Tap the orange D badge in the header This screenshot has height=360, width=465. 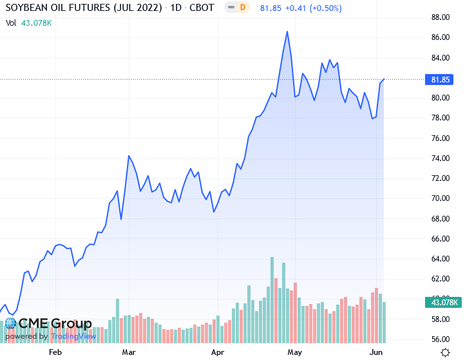point(243,8)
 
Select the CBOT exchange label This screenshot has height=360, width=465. point(201,8)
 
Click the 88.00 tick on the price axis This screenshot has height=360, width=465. point(441,17)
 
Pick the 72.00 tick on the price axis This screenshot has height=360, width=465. point(441,178)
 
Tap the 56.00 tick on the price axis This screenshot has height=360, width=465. point(441,339)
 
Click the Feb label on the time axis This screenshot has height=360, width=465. point(55,352)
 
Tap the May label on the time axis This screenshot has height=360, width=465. point(295,352)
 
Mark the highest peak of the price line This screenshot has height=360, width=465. point(287,31)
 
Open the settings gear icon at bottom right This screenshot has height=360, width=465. point(445,352)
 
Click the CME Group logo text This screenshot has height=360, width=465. point(55,324)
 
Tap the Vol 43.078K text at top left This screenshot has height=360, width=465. point(29,23)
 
